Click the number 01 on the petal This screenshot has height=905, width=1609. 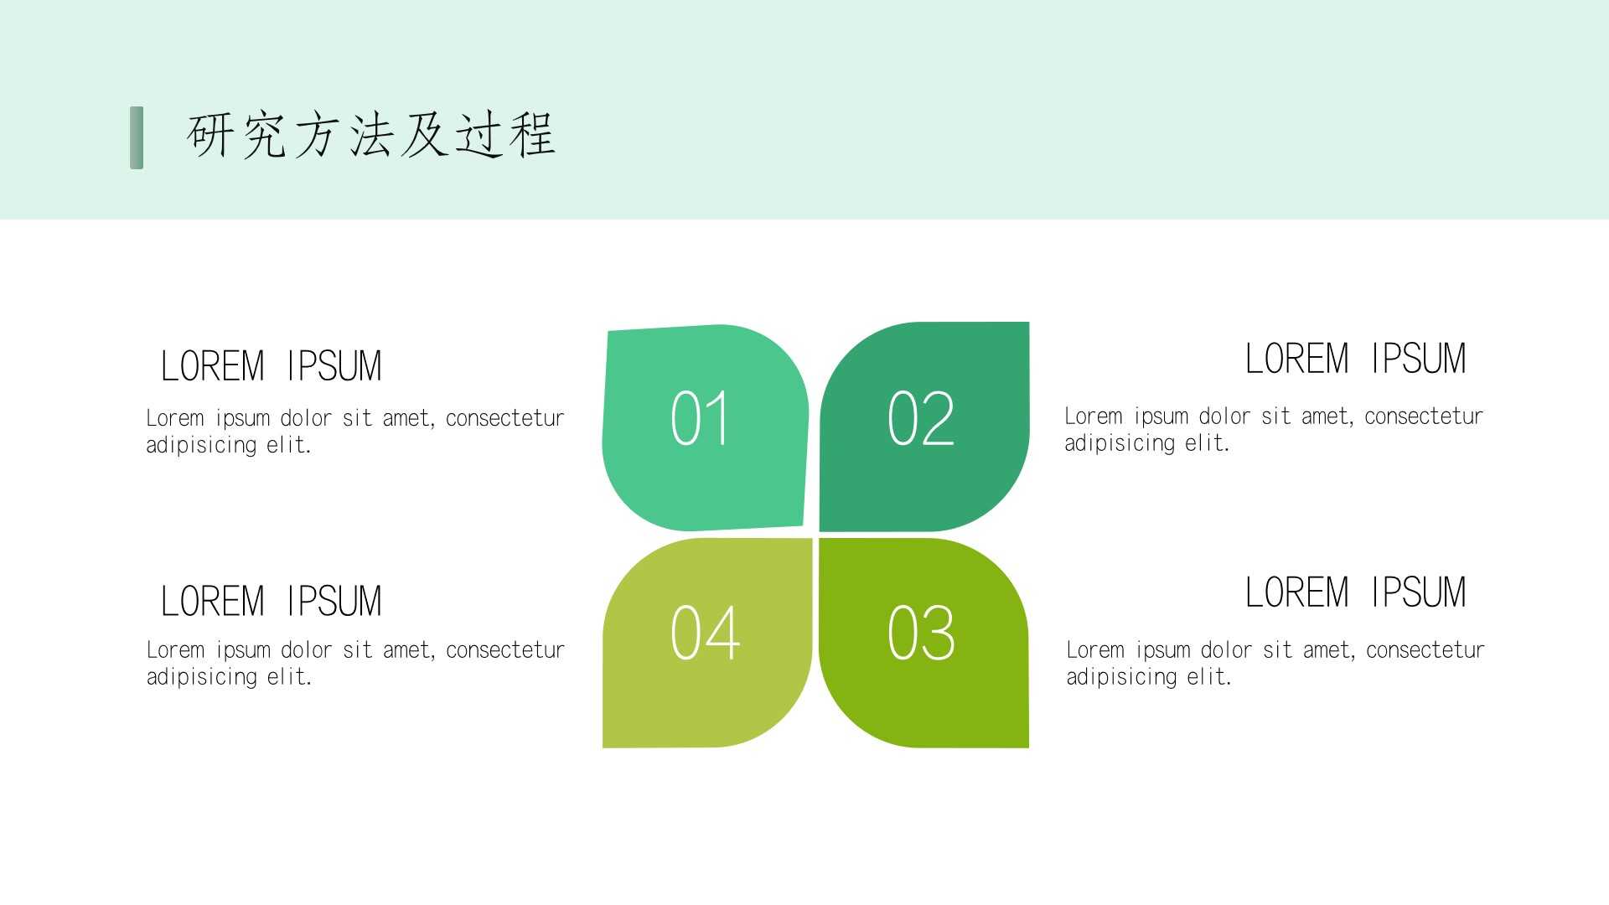[x=699, y=417]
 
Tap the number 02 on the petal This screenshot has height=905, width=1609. [x=921, y=417]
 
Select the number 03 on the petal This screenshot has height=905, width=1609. [x=921, y=633]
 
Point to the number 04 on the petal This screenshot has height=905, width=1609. [x=705, y=633]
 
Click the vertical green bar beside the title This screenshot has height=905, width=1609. [x=137, y=137]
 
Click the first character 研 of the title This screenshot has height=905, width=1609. [x=210, y=135]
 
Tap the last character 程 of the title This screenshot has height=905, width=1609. [x=532, y=135]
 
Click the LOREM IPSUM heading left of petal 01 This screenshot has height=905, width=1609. [x=271, y=366]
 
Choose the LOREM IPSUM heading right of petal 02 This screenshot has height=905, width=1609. [x=1355, y=359]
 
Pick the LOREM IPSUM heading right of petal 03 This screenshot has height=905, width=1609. [x=1355, y=592]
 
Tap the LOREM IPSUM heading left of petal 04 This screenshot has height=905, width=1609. [x=271, y=601]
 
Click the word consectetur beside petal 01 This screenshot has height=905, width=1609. [x=504, y=418]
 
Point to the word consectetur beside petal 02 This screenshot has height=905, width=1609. [x=1424, y=416]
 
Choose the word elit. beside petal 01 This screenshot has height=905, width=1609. [x=289, y=445]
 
